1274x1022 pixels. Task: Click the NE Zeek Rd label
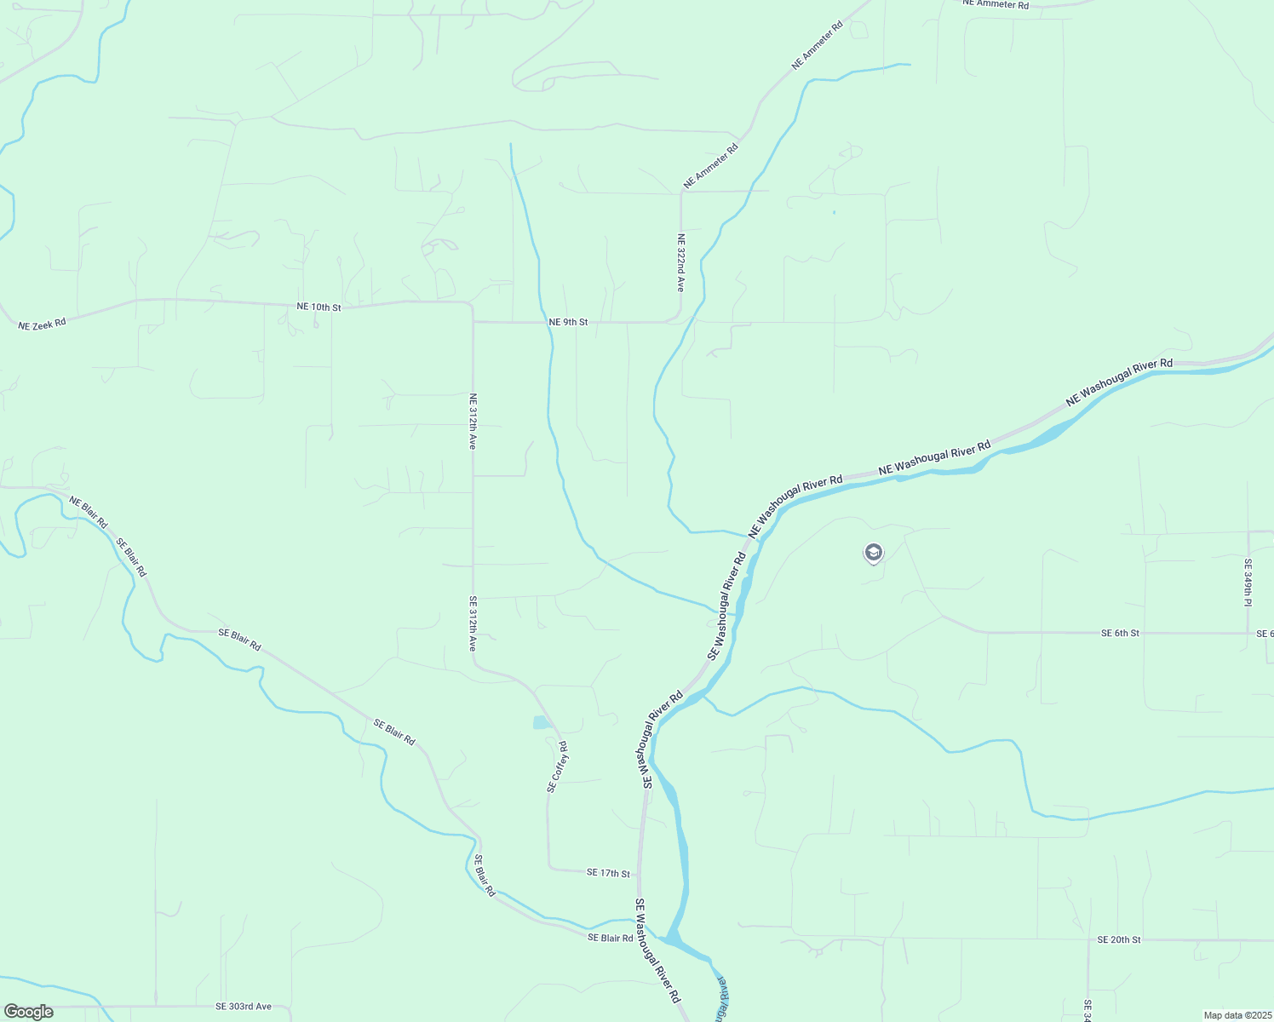[x=42, y=324]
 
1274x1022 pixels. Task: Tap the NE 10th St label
[x=318, y=307]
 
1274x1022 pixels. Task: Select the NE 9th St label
[x=568, y=322]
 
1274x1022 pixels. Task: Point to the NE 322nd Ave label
[x=680, y=263]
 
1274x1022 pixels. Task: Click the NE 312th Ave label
[x=473, y=421]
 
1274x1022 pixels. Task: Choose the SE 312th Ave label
[x=473, y=623]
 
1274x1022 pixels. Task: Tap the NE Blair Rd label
[x=89, y=512]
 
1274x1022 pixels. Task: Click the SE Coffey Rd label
[x=557, y=766]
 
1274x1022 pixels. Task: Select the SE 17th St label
[x=608, y=873]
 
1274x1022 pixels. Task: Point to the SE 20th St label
[x=1118, y=939]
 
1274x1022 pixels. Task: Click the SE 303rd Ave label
[x=244, y=1006]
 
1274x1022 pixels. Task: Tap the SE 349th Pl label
[x=1248, y=583]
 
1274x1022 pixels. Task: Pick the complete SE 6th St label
[x=1120, y=633]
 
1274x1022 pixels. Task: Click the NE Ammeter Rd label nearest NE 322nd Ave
[x=710, y=166]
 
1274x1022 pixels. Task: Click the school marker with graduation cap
[x=873, y=554]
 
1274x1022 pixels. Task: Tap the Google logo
[x=29, y=1012]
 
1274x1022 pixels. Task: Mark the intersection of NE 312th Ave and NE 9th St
[x=473, y=322]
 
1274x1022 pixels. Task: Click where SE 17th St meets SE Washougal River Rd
[x=639, y=872]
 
